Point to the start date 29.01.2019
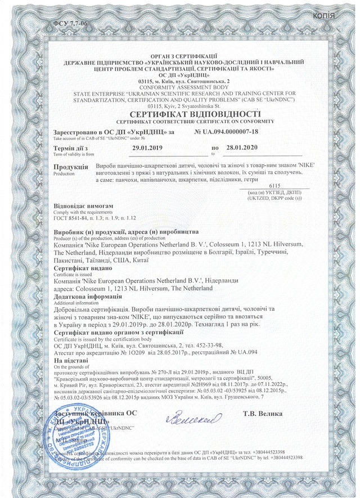pyautogui.click(x=147, y=147)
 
